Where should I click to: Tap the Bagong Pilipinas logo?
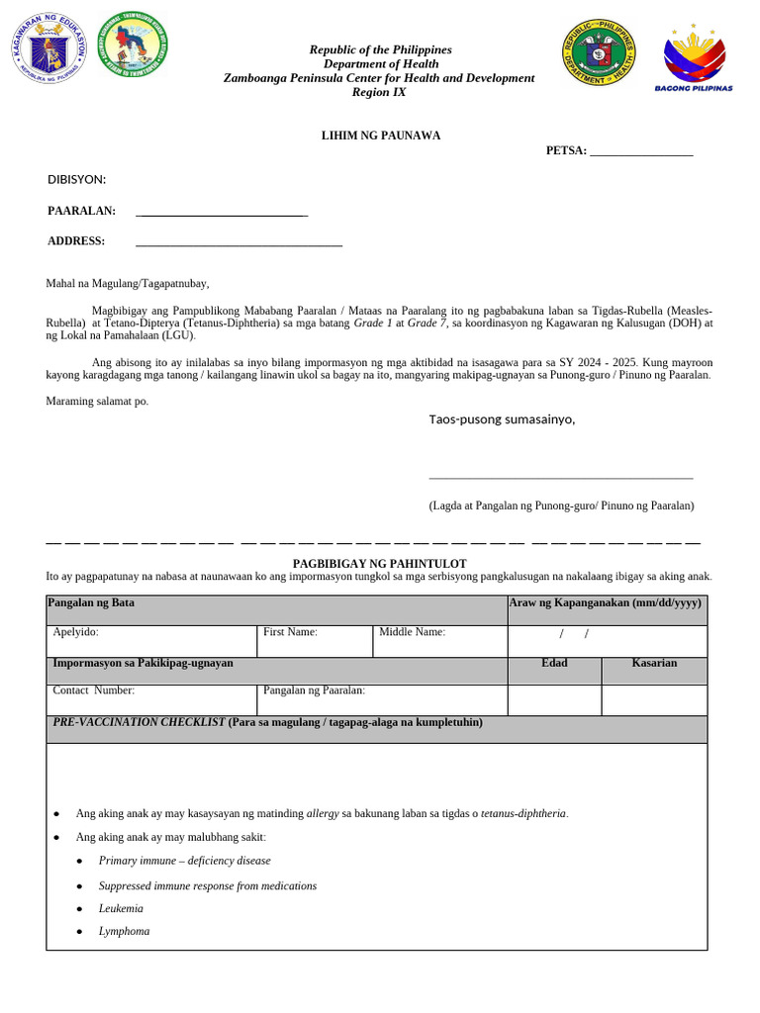pos(694,57)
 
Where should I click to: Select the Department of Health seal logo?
pos(599,51)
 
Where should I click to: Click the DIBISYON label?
pos(76,179)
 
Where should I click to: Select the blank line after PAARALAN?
pos(222,214)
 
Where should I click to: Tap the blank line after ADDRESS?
pos(238,243)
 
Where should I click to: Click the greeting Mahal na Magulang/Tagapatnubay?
pos(128,283)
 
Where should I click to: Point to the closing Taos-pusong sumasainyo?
pos(501,419)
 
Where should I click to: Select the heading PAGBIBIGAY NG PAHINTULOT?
pos(379,563)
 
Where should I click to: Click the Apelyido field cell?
pos(150,641)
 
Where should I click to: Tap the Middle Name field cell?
pos(438,641)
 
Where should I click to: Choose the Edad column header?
pos(554,663)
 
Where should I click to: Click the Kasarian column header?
pos(654,663)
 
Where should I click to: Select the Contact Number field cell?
pos(150,699)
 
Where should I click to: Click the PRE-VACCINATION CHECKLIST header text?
pos(267,722)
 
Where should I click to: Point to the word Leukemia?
pos(121,908)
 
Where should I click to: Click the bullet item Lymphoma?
pos(124,932)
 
